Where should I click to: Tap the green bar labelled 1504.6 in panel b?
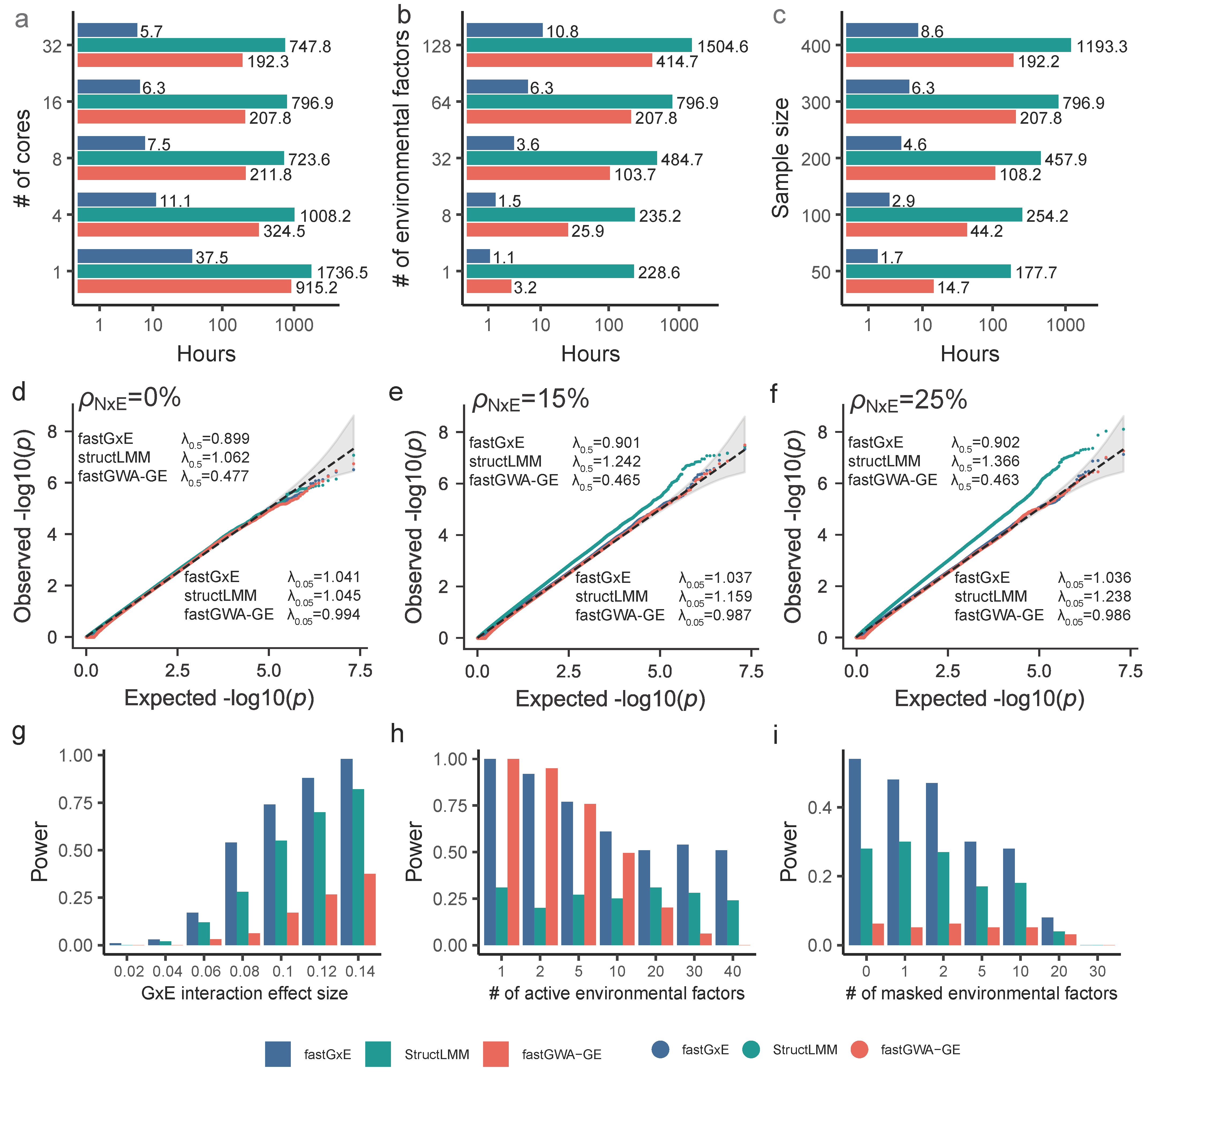pyautogui.click(x=579, y=45)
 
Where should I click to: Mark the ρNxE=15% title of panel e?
pyautogui.click(x=530, y=400)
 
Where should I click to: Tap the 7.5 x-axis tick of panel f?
pyautogui.click(x=1130, y=671)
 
